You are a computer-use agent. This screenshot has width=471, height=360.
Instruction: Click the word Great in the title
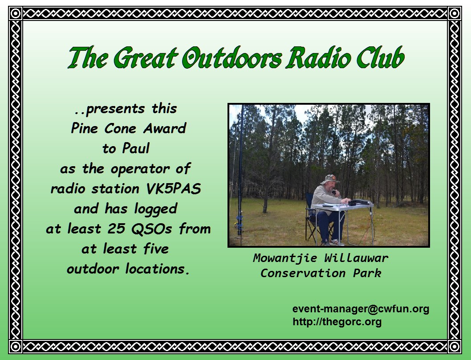145,57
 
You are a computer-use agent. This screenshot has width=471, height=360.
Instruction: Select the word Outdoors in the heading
232,57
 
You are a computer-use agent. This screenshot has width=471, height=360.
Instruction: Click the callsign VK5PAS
173,188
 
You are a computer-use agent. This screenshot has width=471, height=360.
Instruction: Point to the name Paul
136,148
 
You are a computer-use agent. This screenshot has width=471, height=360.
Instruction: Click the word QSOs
151,229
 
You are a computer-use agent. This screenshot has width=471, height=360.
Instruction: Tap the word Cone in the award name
120,128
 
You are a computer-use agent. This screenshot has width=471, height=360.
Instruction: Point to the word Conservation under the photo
303,273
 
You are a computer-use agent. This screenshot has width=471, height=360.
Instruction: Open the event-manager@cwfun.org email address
361,309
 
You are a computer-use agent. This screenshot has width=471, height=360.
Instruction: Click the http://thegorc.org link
337,322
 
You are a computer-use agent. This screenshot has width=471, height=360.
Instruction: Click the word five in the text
156,249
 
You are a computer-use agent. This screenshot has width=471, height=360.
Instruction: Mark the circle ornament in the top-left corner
15,13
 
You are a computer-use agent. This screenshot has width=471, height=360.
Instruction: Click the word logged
156,209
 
